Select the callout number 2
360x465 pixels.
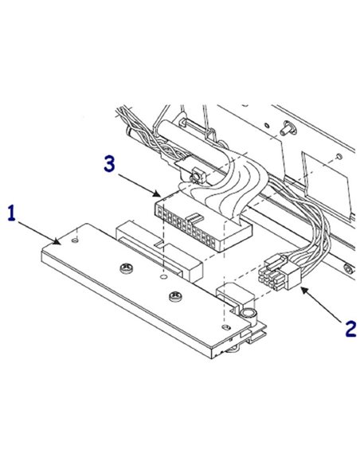[x=349, y=326]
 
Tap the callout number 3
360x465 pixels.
[x=111, y=165]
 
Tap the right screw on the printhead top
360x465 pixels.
[x=174, y=296]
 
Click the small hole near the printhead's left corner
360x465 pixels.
[x=73, y=236]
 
